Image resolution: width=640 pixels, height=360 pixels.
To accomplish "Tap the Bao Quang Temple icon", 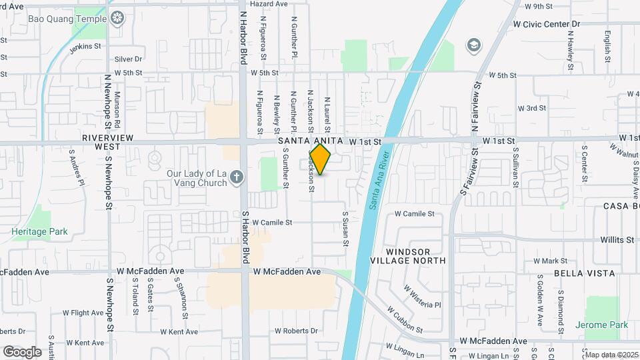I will coord(118,17).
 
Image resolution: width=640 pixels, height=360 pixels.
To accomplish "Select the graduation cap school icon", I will coord(473,45).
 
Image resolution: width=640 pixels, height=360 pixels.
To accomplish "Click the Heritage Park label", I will coord(39,232).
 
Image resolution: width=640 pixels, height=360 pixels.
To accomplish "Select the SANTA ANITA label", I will coord(310,141).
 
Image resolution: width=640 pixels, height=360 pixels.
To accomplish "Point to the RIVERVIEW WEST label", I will coord(101,141).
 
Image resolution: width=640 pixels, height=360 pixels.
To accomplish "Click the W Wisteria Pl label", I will coord(422,297).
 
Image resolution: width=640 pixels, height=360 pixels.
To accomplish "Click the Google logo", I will coord(22,351).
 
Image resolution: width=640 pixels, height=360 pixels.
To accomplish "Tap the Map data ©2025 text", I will coord(610,354).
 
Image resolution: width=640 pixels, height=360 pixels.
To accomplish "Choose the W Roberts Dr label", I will coord(296,331).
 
